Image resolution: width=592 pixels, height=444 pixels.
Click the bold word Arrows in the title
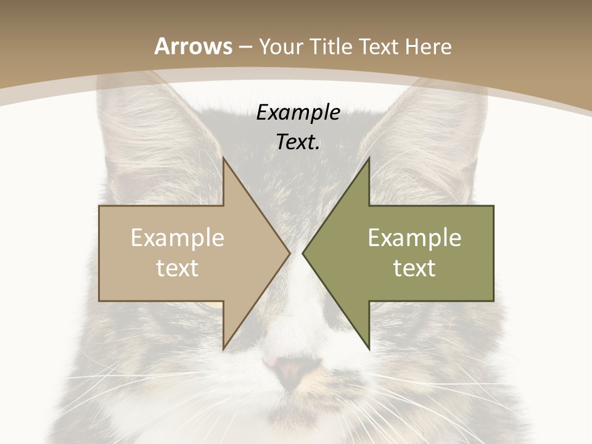pyautogui.click(x=193, y=46)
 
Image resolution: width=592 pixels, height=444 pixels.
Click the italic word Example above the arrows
pyautogui.click(x=298, y=113)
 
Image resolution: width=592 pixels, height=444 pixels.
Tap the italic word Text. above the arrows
pyautogui.click(x=298, y=142)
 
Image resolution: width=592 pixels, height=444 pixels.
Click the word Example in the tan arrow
pyautogui.click(x=178, y=238)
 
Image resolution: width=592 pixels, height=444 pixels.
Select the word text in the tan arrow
pyautogui.click(x=178, y=268)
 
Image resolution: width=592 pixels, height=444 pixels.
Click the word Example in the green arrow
pyautogui.click(x=414, y=238)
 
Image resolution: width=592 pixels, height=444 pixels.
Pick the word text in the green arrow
pyautogui.click(x=414, y=268)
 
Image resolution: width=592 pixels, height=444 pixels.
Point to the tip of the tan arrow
pyautogui.click(x=290, y=253)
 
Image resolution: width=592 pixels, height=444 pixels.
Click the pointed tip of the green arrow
pyautogui.click(x=303, y=253)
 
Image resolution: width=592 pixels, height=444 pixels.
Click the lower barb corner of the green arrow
pyautogui.click(x=369, y=348)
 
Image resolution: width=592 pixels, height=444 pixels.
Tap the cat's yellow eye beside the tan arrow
pyautogui.click(x=213, y=305)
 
